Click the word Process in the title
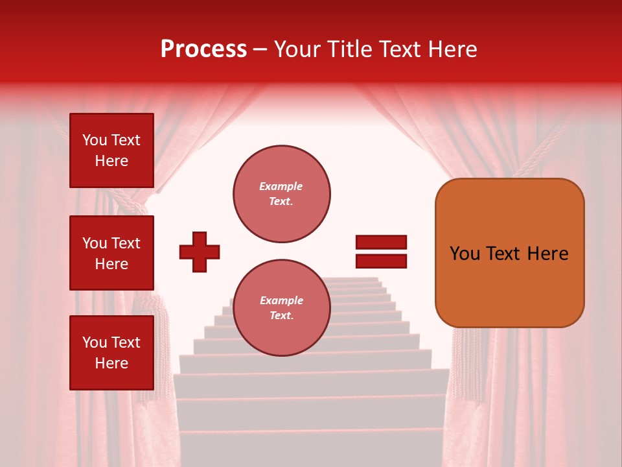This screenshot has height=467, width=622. point(203,49)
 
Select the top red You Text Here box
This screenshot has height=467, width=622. point(111,150)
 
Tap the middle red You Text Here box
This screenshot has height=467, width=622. point(111,253)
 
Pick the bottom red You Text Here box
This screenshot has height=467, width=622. point(111,352)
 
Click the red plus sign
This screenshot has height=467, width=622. point(200,252)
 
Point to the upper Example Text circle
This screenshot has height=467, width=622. point(281,194)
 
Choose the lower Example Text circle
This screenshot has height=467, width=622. point(281,308)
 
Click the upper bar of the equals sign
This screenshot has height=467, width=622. point(381,243)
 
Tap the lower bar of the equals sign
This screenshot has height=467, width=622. point(381,261)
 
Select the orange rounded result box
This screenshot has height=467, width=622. point(509,252)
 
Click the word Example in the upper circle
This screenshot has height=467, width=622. point(281,186)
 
